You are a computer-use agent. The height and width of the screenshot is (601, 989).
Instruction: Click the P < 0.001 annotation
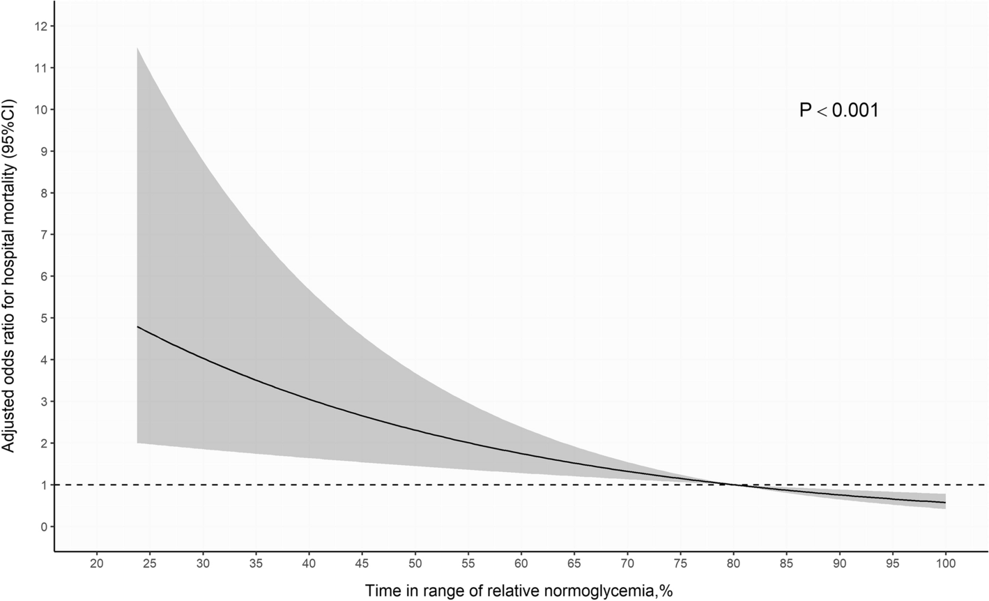(x=838, y=110)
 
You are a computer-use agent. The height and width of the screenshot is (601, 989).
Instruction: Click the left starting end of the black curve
(x=137, y=326)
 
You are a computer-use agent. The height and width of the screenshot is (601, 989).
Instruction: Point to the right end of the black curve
(x=945, y=503)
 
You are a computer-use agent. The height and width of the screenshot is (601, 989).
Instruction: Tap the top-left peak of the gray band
(x=137, y=48)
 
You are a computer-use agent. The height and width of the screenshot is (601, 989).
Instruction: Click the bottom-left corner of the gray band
(x=137, y=443)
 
